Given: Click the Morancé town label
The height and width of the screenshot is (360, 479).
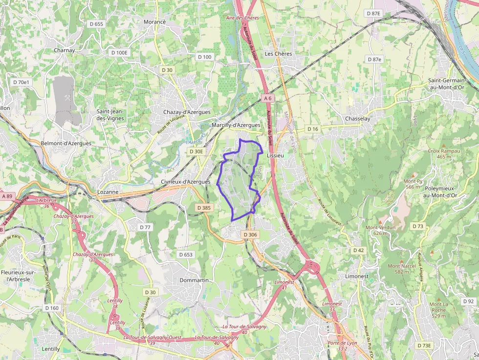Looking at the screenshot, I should click(155, 22).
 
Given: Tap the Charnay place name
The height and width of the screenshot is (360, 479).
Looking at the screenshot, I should click(65, 50).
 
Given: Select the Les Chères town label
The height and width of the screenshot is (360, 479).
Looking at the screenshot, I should click(278, 54).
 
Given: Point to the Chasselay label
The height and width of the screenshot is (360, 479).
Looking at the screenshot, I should click(358, 119).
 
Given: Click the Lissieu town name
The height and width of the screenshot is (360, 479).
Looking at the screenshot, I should click(275, 155).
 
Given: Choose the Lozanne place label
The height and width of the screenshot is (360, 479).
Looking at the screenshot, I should click(108, 192).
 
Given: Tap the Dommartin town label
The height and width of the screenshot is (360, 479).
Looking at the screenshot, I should click(194, 280).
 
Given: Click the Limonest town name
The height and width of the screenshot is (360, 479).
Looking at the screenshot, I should click(357, 276).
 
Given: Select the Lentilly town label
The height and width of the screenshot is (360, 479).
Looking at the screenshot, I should click(51, 349).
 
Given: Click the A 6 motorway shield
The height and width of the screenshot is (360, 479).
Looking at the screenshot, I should click(267, 98).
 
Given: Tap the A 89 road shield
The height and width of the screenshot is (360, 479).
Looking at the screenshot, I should click(7, 196).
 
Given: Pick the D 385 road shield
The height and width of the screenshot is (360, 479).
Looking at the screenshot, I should click(204, 208).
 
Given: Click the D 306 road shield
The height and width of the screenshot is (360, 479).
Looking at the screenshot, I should click(250, 235).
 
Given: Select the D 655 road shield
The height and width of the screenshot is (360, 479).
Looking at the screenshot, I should click(96, 24).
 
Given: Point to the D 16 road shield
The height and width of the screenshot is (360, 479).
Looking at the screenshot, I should click(312, 129).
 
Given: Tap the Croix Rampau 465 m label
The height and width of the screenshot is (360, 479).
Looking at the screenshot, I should click(444, 154).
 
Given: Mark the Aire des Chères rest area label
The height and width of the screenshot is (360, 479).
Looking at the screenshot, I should click(242, 18).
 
